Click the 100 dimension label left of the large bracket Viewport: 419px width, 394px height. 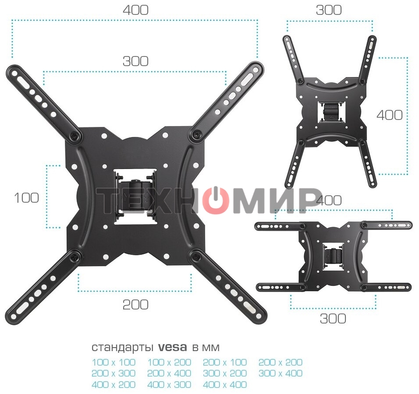(x=26, y=198)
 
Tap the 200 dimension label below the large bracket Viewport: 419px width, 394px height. (x=135, y=305)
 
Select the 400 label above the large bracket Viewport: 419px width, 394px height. (x=135, y=10)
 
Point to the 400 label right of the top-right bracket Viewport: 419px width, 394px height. (x=389, y=115)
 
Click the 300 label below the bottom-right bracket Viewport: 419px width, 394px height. (x=333, y=318)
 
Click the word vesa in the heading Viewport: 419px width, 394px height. (x=173, y=347)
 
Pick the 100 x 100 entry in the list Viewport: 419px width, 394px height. (x=114, y=362)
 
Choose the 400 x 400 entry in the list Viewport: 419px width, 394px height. (x=225, y=385)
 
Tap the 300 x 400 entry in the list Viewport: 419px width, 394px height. (x=281, y=373)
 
